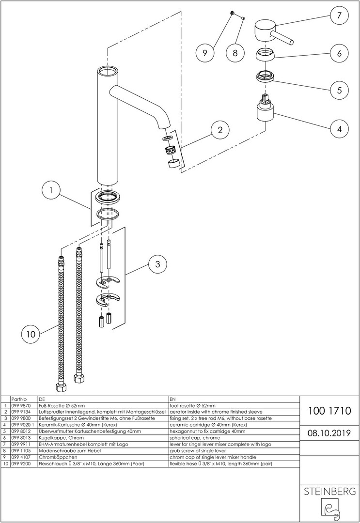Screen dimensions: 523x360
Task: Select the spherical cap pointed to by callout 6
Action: click(266, 54)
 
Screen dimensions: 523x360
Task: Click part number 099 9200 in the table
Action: click(20, 464)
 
